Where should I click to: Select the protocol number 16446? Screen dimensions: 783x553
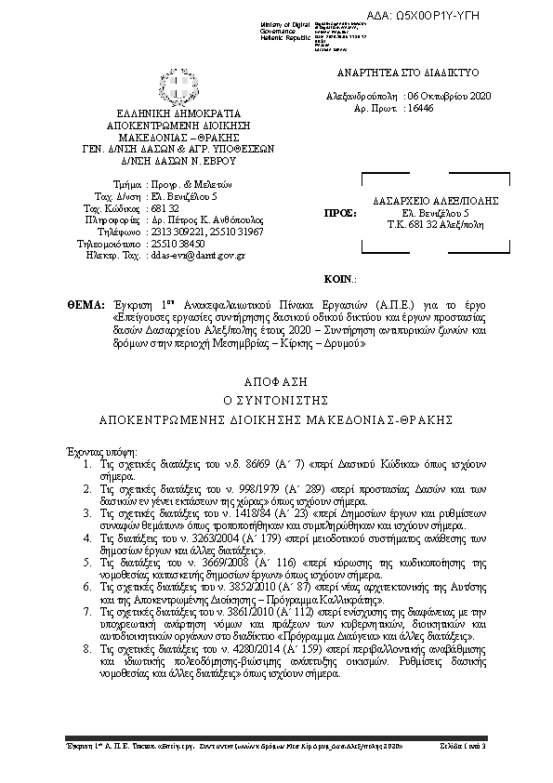tap(420, 109)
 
